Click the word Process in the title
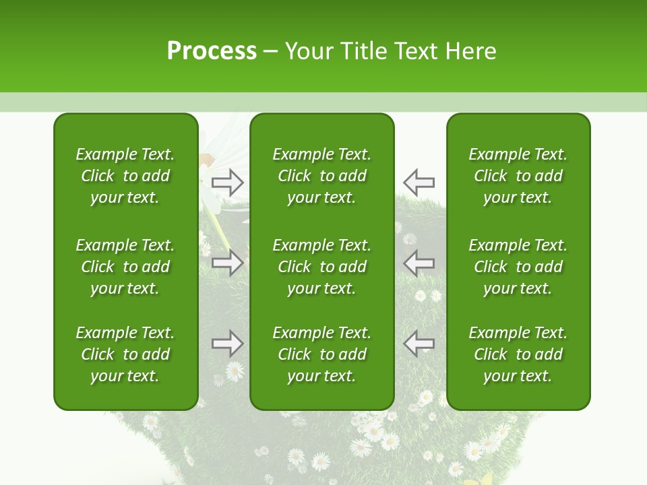(212, 51)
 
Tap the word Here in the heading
(471, 51)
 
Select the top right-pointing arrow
(228, 182)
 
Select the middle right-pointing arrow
(228, 263)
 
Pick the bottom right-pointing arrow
(228, 344)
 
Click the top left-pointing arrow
(419, 182)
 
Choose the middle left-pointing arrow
(419, 263)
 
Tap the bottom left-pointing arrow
(419, 344)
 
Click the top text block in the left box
(125, 176)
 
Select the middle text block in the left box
(125, 267)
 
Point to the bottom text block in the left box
(125, 354)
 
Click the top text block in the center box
(321, 176)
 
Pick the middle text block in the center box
(321, 267)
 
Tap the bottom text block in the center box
(321, 354)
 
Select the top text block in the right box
(518, 176)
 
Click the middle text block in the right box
(518, 267)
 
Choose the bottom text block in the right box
(518, 354)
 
